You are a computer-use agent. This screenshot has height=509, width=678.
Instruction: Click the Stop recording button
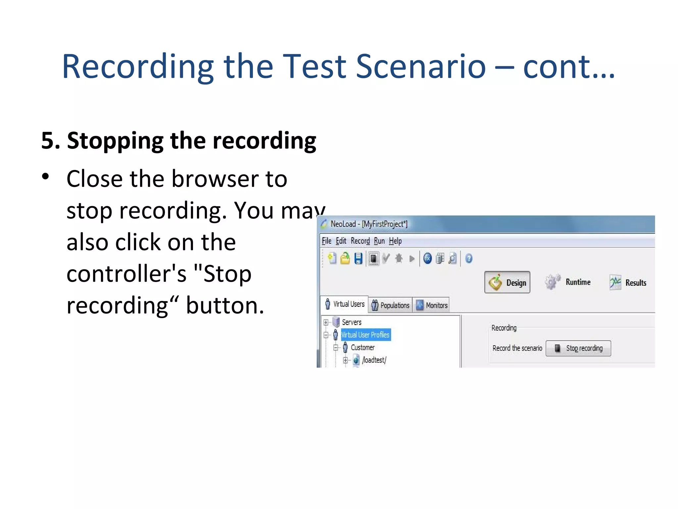point(578,348)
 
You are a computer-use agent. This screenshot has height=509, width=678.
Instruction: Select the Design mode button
point(507,282)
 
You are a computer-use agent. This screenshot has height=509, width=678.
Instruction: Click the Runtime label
point(578,282)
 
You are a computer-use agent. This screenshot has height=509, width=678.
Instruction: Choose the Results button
point(635,283)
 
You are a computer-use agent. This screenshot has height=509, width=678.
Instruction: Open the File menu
point(326,241)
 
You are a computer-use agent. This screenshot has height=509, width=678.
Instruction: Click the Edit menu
point(341,241)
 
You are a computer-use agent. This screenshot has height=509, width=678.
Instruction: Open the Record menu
point(360,241)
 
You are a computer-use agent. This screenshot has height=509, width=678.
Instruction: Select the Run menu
point(379,241)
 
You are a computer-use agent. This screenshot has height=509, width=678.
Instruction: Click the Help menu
point(395,241)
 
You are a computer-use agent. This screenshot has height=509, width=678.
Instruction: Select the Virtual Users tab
point(345,304)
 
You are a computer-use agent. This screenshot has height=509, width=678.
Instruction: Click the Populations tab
point(390,305)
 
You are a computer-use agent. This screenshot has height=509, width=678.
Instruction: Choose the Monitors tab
point(432,305)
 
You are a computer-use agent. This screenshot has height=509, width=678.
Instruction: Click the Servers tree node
point(351,322)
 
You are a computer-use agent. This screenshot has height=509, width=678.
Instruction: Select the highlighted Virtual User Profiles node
point(365,335)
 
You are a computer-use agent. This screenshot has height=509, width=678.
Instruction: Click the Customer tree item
point(363,347)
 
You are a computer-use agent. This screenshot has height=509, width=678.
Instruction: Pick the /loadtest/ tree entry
point(374,360)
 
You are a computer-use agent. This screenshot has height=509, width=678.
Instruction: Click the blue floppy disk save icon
point(358,258)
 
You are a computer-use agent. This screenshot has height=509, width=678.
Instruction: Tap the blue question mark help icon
point(468,258)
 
